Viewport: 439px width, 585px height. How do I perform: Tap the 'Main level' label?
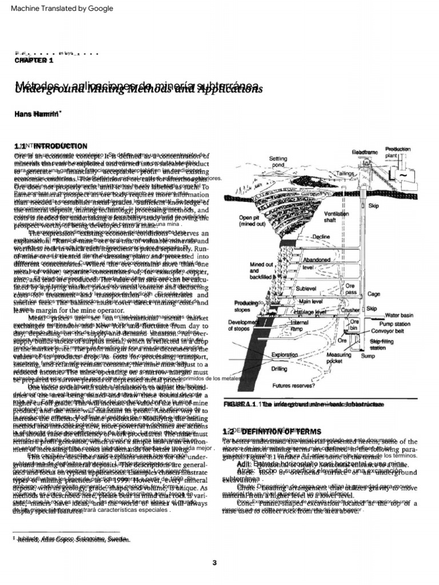tap(312, 301)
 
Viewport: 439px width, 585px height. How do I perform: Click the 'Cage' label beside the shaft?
tap(373, 294)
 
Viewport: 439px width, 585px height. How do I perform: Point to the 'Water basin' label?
tap(399, 315)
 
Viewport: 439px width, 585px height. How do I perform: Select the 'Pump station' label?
tap(394, 323)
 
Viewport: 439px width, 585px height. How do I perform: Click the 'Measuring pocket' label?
tap(339, 358)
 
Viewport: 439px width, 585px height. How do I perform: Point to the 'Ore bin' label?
tap(354, 324)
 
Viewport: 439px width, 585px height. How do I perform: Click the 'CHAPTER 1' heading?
tap(34, 60)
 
